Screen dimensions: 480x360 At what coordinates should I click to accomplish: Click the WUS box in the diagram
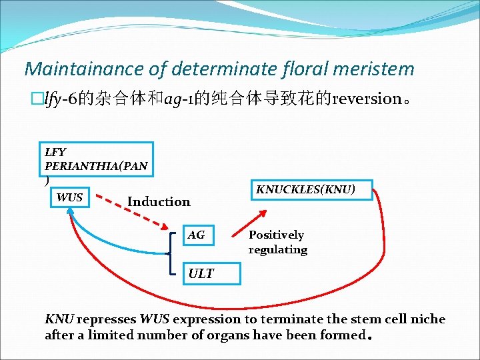click(x=69, y=197)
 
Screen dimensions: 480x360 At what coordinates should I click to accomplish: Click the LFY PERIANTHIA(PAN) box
click(x=96, y=160)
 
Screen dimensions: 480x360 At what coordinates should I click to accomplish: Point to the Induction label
click(x=159, y=202)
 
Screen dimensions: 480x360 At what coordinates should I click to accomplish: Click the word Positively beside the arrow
click(x=276, y=235)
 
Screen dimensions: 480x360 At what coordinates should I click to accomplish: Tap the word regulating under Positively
click(x=277, y=250)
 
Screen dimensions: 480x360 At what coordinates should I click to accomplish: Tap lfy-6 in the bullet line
click(x=60, y=100)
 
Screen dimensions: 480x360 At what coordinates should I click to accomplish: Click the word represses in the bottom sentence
click(x=107, y=319)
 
